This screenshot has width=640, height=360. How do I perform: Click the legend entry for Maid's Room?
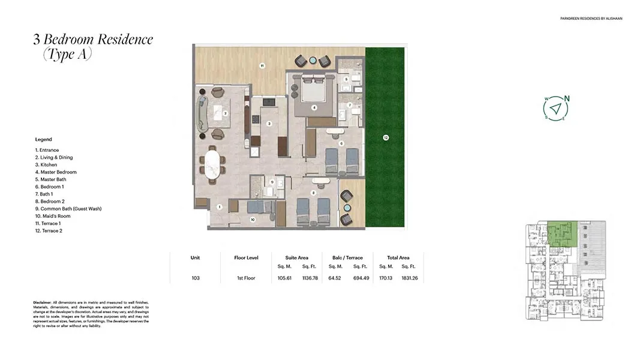point(53,216)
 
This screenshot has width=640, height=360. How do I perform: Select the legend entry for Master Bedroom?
point(56,172)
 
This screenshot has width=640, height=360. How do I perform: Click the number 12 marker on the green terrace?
point(386,138)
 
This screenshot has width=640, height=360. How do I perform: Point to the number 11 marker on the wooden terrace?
point(262,65)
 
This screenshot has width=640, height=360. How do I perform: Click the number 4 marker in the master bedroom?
point(314,108)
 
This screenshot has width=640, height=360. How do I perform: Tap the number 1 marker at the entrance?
point(220,207)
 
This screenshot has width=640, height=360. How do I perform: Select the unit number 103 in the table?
point(195,278)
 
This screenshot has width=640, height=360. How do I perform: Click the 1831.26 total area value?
point(410,278)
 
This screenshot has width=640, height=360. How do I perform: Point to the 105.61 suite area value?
point(284,278)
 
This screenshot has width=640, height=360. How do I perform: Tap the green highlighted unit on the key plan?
point(563,234)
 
